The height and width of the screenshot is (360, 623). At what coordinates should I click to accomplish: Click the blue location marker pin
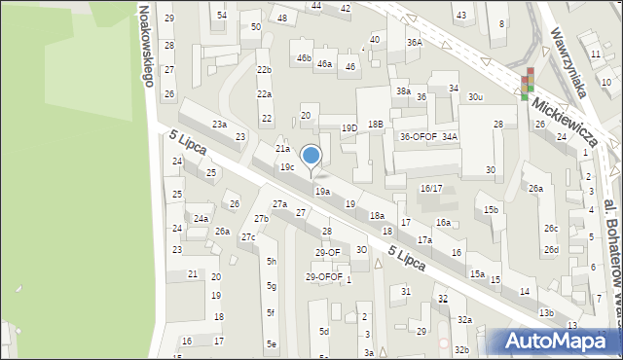pyautogui.click(x=311, y=156)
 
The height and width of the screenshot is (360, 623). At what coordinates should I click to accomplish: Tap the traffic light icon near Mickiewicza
pyautogui.click(x=527, y=84)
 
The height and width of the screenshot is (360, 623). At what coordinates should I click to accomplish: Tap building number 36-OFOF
pyautogui.click(x=418, y=137)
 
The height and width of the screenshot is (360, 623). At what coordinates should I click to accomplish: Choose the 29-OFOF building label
pyautogui.click(x=324, y=276)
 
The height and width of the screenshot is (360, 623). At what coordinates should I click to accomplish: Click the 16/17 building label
pyautogui.click(x=431, y=188)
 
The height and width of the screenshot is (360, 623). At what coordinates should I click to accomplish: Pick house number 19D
pyautogui.click(x=348, y=128)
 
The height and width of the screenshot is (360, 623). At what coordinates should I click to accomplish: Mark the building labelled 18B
pyautogui.click(x=375, y=125)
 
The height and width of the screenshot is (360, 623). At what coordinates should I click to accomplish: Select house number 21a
pyautogui.click(x=282, y=149)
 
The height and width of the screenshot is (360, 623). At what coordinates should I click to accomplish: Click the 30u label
pyautogui.click(x=475, y=97)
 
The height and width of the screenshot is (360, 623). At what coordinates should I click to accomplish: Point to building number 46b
pyautogui.click(x=304, y=58)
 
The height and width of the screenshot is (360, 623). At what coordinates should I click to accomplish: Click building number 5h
pyautogui.click(x=272, y=262)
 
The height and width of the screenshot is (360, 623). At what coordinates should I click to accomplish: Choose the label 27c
pyautogui.click(x=248, y=237)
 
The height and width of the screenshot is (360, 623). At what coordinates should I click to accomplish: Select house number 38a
pyautogui.click(x=402, y=90)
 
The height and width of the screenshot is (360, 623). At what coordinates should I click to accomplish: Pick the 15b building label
pyautogui.click(x=492, y=209)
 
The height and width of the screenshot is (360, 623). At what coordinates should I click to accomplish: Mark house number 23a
pyautogui.click(x=220, y=124)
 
